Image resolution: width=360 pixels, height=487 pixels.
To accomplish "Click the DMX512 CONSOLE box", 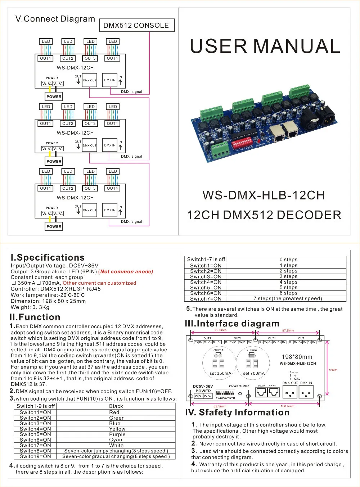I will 136,25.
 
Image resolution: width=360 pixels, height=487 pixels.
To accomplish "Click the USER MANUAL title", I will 265,46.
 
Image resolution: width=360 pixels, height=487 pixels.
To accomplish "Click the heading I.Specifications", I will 48,258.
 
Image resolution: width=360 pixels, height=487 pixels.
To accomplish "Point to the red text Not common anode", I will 126,272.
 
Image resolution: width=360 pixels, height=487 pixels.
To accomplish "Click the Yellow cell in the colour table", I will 117,429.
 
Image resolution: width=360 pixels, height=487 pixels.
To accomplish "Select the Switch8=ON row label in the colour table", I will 35,451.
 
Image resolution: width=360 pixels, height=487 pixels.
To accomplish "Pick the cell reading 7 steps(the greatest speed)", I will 287,298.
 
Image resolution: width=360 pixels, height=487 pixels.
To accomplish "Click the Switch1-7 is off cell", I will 206,259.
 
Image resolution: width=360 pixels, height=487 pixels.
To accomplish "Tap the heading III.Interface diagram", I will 232,324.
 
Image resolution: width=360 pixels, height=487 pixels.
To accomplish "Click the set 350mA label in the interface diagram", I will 220,373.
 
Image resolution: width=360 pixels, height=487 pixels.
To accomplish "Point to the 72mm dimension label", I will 333,370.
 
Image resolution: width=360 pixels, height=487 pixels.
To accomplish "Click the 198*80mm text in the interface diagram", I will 297,357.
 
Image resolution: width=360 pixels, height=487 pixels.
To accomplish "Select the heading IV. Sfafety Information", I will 237,412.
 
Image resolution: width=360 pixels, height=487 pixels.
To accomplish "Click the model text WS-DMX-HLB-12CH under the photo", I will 264,195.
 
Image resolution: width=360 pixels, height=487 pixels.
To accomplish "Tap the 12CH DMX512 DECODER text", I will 264,215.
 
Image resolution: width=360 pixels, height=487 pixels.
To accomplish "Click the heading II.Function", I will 35,317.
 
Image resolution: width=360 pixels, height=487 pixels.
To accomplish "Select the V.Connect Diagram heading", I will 55,19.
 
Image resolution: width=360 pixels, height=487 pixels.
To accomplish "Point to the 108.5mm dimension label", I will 287,406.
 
